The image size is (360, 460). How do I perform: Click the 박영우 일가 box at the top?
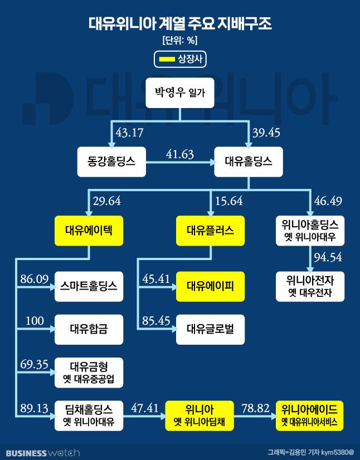tap(180, 92)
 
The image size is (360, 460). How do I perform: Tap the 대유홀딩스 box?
tap(249, 162)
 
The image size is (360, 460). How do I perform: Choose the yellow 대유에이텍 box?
tap(89, 231)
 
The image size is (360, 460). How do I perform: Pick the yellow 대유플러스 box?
tap(210, 231)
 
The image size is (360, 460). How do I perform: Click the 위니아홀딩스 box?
tap(310, 231)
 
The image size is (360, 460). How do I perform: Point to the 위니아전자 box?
tap(310, 286)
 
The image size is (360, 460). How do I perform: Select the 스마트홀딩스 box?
tap(89, 286)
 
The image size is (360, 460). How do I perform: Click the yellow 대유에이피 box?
tap(210, 286)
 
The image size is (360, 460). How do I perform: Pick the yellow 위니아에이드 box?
tap(310, 415)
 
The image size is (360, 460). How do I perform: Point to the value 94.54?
tap(328, 257)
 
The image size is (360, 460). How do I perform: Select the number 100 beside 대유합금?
tap(35, 321)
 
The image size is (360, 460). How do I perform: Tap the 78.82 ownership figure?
tap(255, 408)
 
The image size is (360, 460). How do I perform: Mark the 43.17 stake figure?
tap(129, 134)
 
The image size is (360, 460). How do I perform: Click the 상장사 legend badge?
tap(180, 59)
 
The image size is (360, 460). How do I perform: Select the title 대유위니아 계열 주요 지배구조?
tap(180, 24)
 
